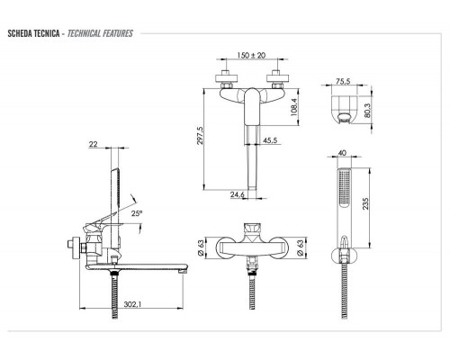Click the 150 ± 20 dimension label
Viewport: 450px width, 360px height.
point(251,55)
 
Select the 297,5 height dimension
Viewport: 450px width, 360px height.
point(200,136)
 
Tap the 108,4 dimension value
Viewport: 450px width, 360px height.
point(294,107)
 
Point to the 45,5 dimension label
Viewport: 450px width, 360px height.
point(270,140)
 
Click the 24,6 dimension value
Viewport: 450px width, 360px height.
point(238,195)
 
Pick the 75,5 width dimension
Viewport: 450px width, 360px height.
point(343,81)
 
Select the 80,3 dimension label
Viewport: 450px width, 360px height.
point(367,110)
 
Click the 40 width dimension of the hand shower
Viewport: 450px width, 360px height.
point(342,153)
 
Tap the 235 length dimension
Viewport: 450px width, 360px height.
point(365,203)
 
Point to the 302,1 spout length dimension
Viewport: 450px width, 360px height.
point(132,304)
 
